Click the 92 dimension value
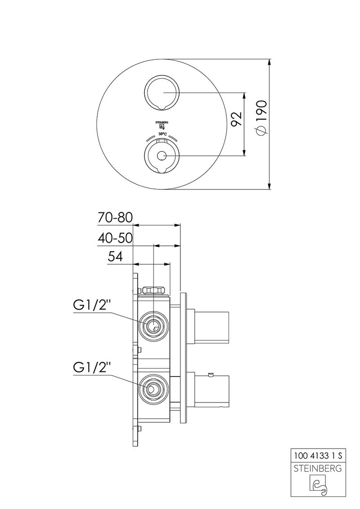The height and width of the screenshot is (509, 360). click(x=237, y=119)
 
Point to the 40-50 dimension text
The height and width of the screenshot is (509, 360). click(x=115, y=238)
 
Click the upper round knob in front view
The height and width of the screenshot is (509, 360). click(x=162, y=92)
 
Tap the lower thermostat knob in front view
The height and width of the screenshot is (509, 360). click(x=162, y=156)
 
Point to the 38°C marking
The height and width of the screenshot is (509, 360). click(x=162, y=134)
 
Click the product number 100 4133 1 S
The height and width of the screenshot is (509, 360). click(x=319, y=456)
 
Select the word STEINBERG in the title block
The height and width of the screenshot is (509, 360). click(x=319, y=468)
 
